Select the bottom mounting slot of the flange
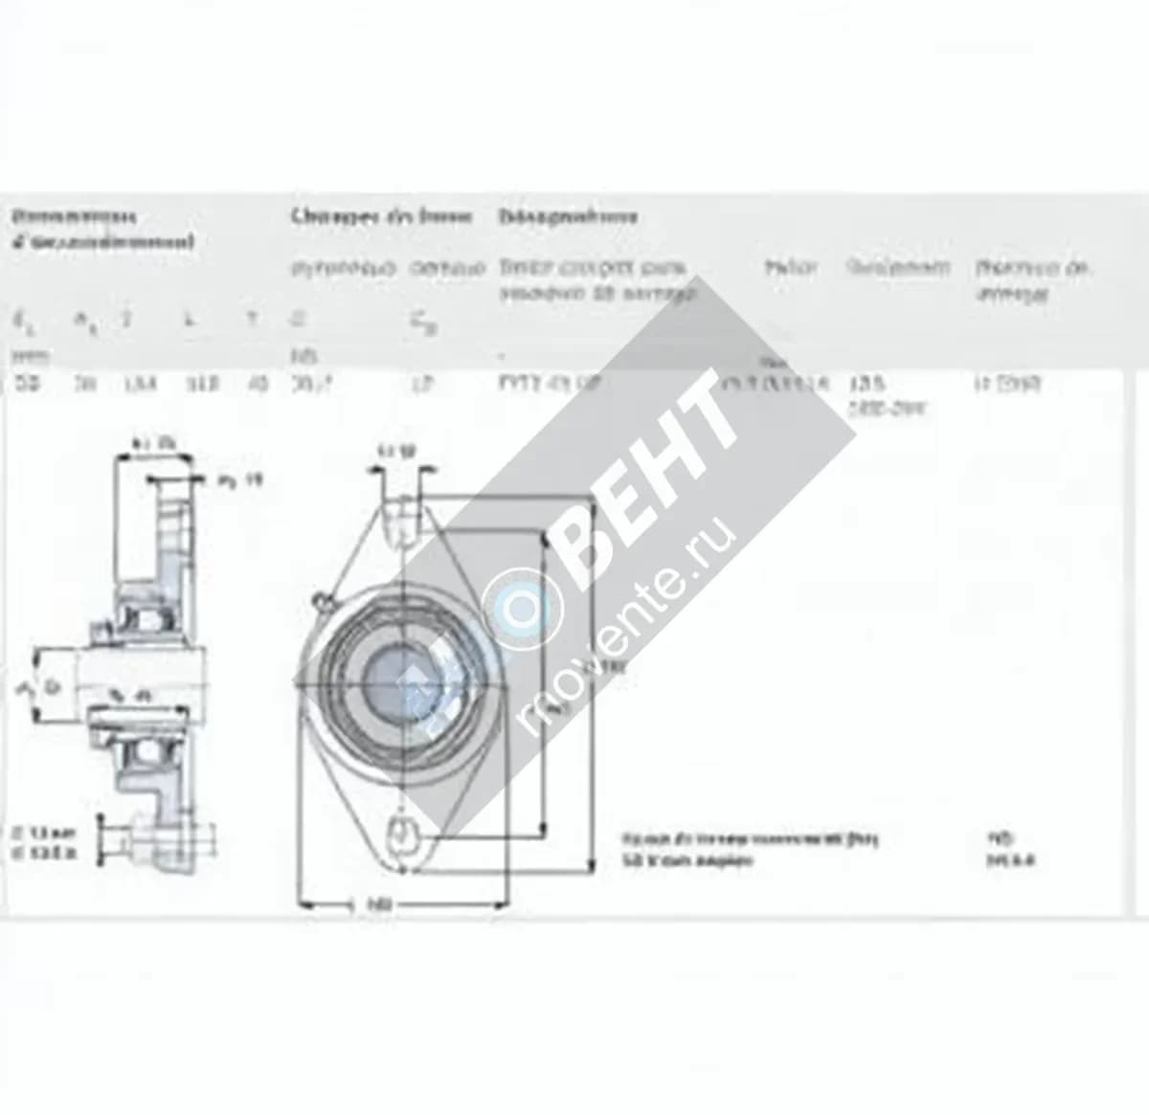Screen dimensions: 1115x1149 (x=403, y=832)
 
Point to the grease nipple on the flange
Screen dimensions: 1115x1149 (x=320, y=601)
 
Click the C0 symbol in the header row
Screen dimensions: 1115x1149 (x=420, y=326)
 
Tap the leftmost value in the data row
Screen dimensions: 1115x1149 (x=21, y=384)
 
